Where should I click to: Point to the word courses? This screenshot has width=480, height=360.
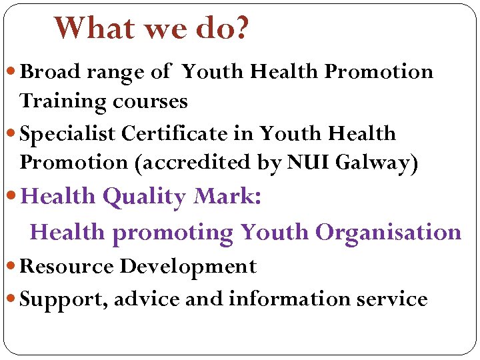click(x=151, y=101)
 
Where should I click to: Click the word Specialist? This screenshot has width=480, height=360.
click(x=69, y=133)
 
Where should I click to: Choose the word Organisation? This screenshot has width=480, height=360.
click(x=388, y=232)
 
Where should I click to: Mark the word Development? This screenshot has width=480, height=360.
click(x=188, y=267)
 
